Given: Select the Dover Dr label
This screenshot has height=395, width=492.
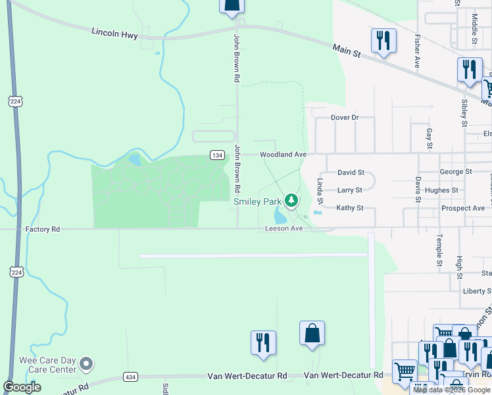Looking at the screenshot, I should (344, 118).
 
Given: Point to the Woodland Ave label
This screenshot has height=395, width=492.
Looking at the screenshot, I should (283, 155).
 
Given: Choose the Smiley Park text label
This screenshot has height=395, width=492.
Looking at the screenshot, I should (258, 201).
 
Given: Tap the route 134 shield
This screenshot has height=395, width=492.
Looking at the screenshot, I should (218, 155).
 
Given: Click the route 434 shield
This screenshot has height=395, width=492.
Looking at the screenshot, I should (130, 377).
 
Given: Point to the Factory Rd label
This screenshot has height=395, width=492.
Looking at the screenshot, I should (43, 229).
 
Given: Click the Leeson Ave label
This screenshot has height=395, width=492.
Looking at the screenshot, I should (283, 228).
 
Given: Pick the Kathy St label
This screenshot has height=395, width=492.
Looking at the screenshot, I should (350, 208).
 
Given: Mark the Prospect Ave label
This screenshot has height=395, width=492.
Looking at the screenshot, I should (463, 208).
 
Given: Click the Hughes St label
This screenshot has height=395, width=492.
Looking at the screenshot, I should (441, 190).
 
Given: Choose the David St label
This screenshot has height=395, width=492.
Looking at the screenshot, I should (351, 172).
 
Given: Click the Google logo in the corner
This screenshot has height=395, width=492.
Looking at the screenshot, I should (22, 387).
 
